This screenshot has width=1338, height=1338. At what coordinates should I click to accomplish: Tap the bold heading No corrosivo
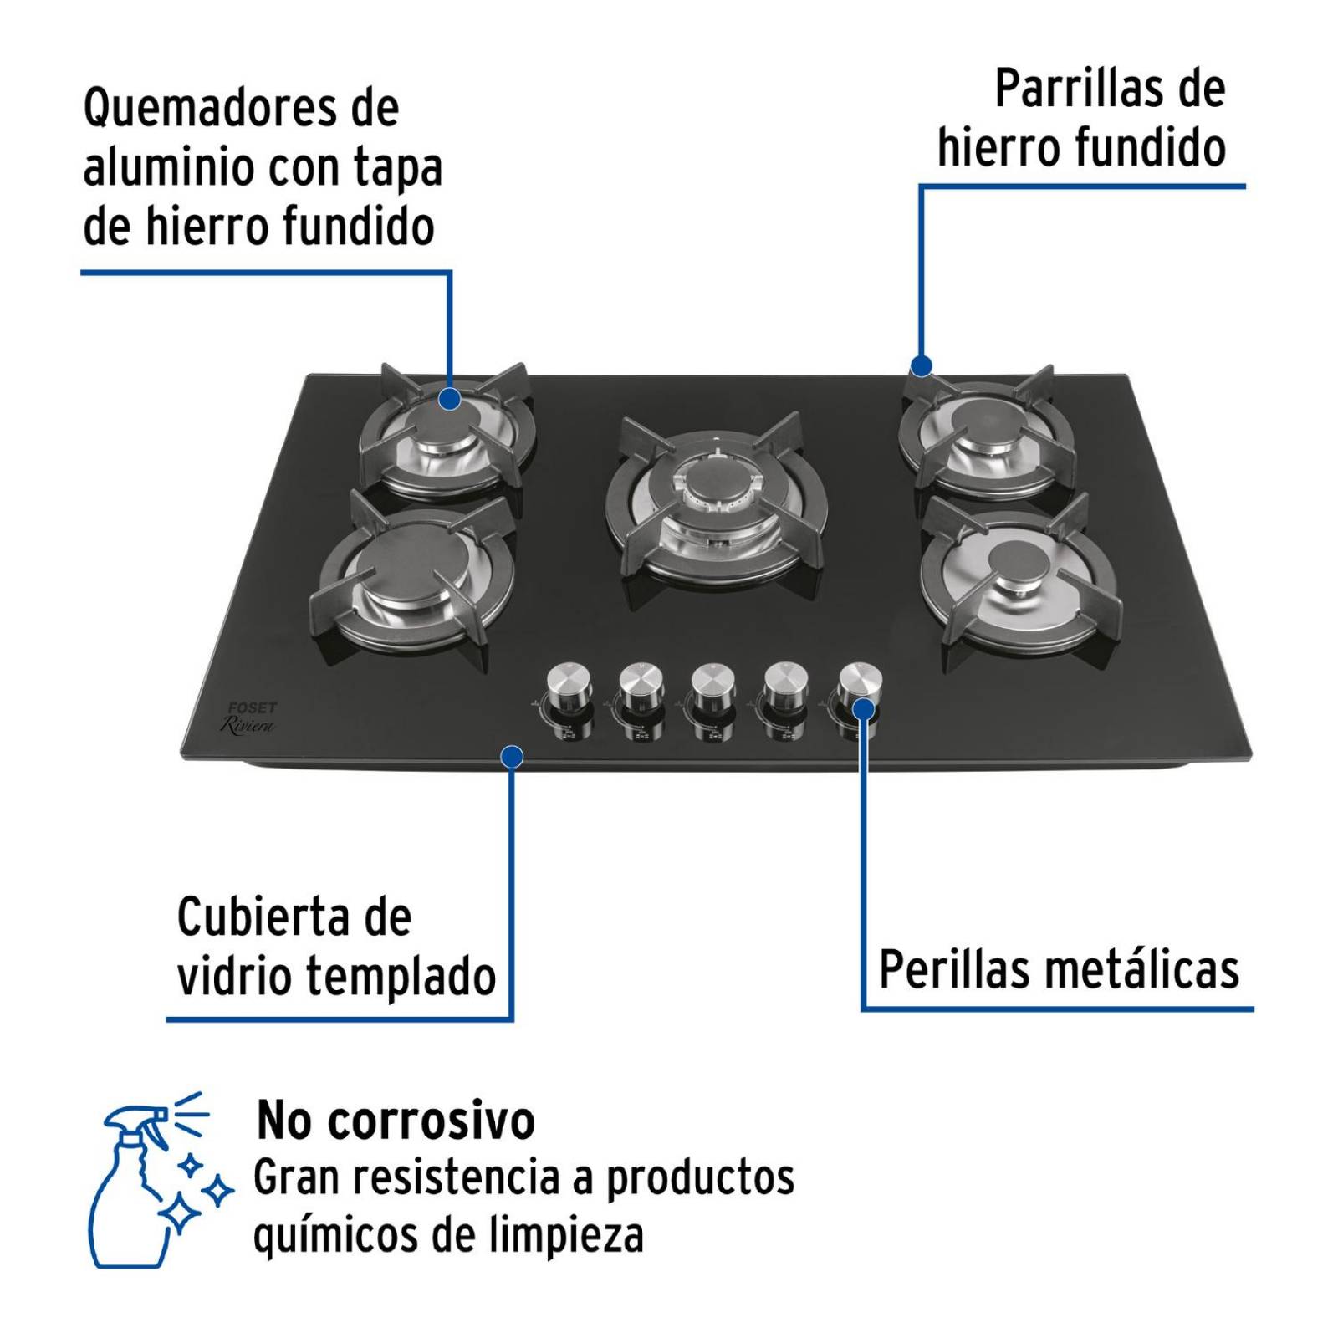click(396, 1121)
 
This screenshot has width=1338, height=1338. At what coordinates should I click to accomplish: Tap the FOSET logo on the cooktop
click(252, 708)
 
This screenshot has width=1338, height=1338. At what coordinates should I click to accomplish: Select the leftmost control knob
click(570, 683)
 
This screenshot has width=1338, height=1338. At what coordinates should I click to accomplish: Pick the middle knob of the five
click(713, 683)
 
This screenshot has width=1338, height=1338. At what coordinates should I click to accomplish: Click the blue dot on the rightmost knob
click(863, 710)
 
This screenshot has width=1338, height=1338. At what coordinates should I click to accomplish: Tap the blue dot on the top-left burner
click(450, 398)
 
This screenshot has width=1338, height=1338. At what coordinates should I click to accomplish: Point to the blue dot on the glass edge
click(512, 757)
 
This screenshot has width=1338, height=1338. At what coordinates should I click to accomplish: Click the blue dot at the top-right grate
click(921, 365)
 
